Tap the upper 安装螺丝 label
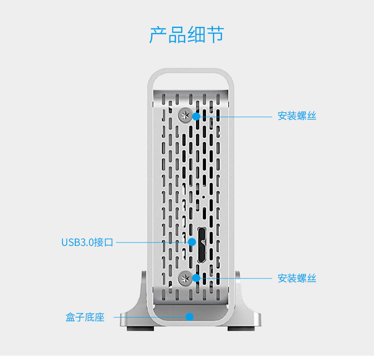[x=297, y=116]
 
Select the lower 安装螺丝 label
[x=297, y=278]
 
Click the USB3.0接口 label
[x=88, y=243]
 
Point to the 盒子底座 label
[x=85, y=317]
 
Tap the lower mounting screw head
[x=185, y=279]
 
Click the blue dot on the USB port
[x=192, y=242]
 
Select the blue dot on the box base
[x=189, y=316]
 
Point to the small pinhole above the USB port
[x=204, y=197]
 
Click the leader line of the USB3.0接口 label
[x=151, y=243]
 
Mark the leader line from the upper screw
[x=237, y=116]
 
